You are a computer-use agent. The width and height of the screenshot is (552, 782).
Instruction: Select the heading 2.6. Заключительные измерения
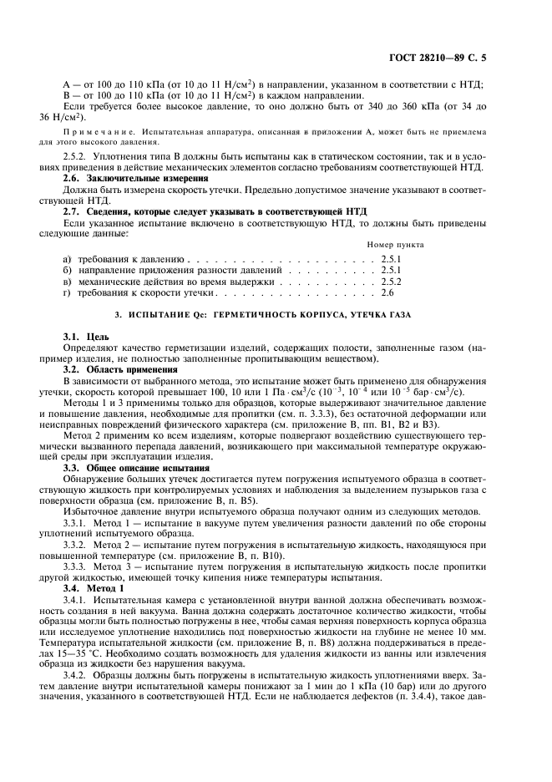coord(131,178)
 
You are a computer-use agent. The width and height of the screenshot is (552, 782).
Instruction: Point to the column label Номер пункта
coord(394,245)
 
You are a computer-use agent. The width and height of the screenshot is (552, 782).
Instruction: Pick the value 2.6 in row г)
coord(387,294)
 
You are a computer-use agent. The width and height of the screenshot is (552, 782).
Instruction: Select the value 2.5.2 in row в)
coord(391,282)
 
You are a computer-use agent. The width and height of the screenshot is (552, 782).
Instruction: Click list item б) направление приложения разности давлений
coord(175,272)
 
